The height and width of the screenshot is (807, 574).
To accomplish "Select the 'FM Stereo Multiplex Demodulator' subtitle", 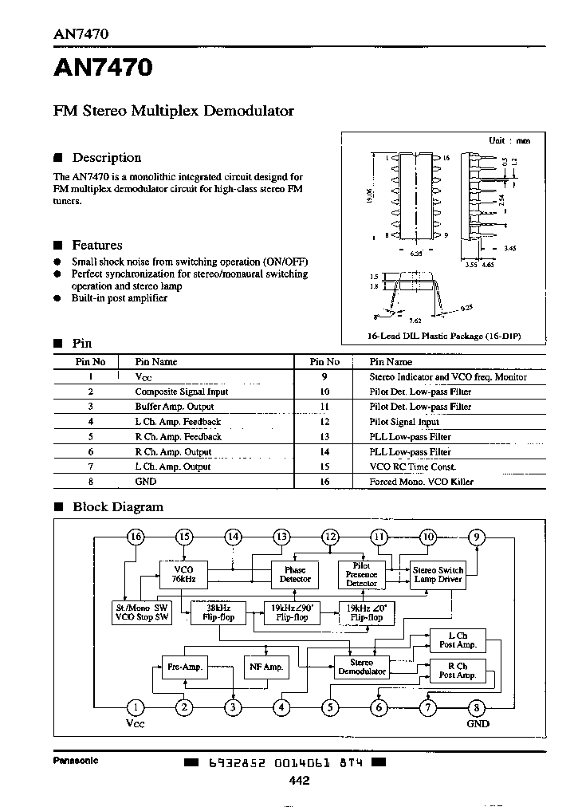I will [x=173, y=111].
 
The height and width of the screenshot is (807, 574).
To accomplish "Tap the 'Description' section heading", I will [x=106, y=158].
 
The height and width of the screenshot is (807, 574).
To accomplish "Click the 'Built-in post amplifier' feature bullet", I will [x=120, y=297].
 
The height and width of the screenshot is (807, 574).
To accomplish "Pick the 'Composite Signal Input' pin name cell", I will [x=181, y=392].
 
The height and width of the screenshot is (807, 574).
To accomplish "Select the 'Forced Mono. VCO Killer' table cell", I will [x=421, y=482].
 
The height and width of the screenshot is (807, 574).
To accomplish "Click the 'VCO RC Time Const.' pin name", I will [x=412, y=466].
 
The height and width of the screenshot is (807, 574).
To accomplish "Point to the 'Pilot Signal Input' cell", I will [x=404, y=422].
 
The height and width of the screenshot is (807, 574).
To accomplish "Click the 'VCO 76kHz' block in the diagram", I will [x=184, y=573].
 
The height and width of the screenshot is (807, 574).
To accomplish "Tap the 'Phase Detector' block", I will [x=295, y=574].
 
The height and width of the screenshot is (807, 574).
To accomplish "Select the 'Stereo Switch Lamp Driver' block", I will [x=438, y=574].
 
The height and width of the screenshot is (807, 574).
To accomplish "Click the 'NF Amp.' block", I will [x=267, y=667].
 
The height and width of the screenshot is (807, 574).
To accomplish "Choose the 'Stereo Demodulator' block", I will [x=361, y=667].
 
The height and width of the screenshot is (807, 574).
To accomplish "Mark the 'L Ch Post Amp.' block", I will [x=457, y=640].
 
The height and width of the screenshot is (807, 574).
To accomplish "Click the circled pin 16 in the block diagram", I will [x=136, y=537].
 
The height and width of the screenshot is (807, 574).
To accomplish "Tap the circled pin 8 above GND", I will [x=477, y=707].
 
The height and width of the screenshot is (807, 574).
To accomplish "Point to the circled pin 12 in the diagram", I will [x=330, y=537].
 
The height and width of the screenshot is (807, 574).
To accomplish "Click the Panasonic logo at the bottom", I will [x=76, y=760].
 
